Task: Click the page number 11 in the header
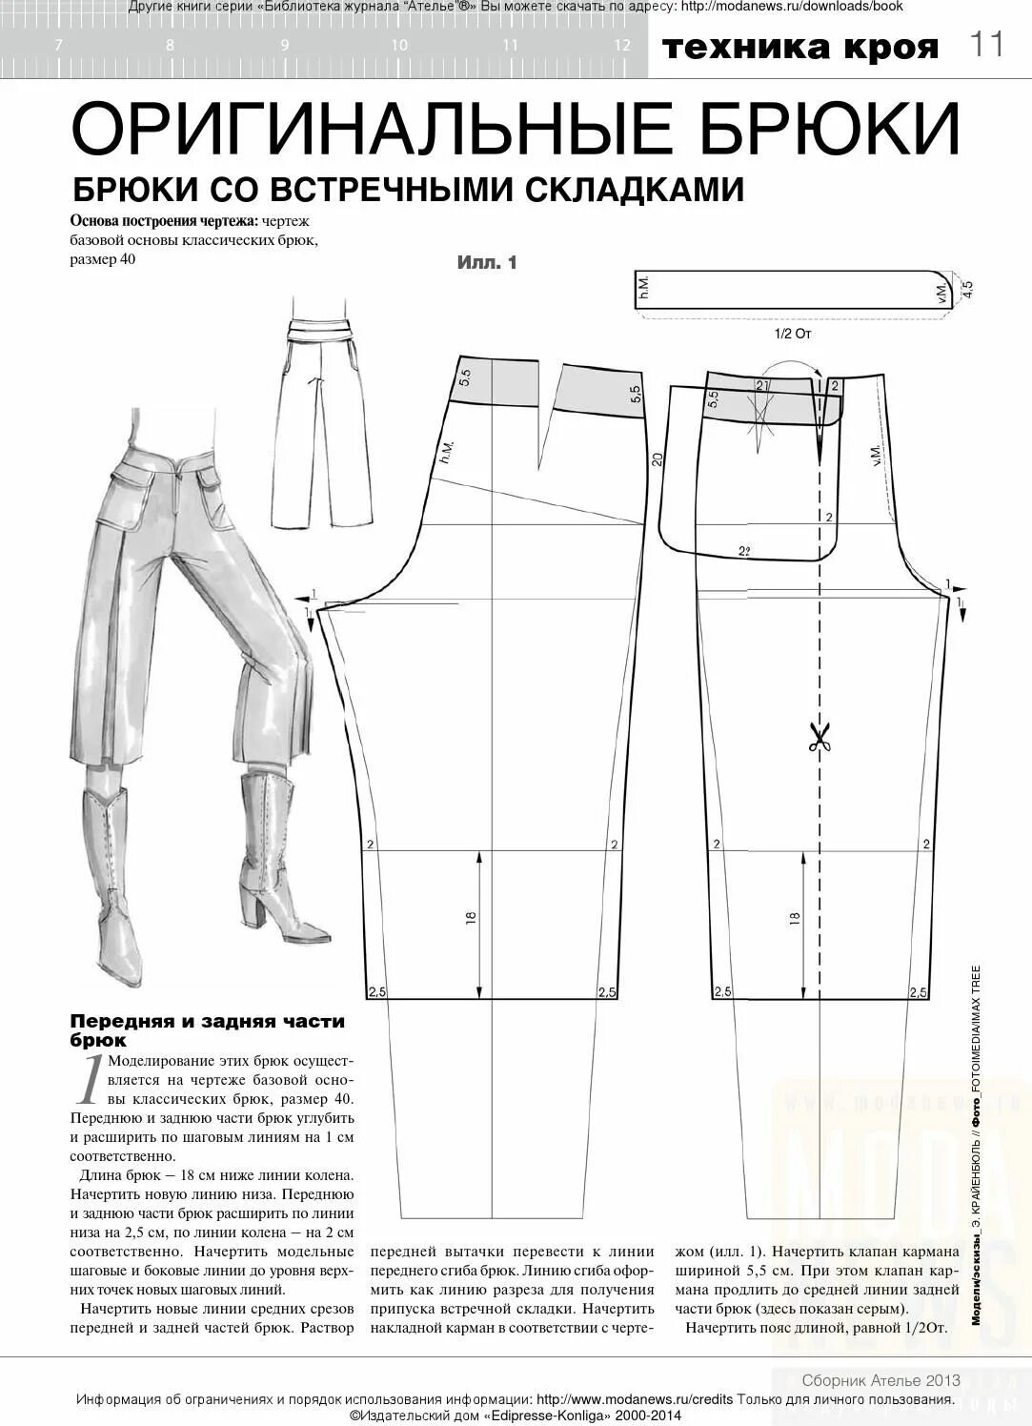987,45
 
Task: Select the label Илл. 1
487,263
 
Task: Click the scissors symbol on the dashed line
819,736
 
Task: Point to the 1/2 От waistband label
793,334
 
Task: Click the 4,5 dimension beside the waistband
967,289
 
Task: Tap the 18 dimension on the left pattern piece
471,919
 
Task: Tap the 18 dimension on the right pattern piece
795,919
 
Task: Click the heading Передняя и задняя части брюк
208,1030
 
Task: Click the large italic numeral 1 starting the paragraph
90,1080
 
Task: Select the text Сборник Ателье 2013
880,1380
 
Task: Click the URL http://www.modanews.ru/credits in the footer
628,1399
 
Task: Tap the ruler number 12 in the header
622,45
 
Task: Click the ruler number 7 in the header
59,45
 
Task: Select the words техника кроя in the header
800,47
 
